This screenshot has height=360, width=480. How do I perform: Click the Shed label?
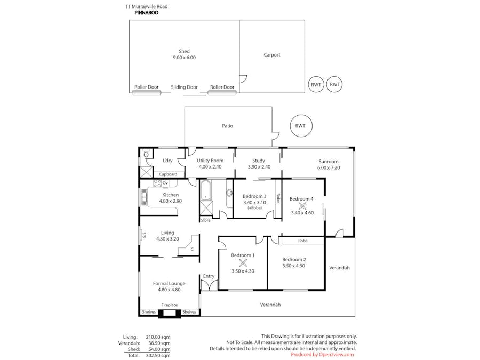pos(184,52)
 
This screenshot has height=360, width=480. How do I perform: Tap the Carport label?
pos(271,55)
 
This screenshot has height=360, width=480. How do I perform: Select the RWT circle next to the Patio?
pos(300,126)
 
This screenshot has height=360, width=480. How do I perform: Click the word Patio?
pos(228,126)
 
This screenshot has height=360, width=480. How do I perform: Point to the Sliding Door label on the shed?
pos(184,87)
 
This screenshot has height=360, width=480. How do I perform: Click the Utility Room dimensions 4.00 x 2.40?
pos(210,167)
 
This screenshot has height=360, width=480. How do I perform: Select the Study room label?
pos(259,161)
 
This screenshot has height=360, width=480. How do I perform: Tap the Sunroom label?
pos(329,161)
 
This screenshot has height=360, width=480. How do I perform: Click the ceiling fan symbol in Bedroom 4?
pos(302,206)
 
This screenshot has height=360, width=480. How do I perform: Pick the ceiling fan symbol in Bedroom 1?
pos(243,263)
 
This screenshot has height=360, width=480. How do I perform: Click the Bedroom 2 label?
pos(294,259)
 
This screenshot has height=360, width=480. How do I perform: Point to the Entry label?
pos(209,276)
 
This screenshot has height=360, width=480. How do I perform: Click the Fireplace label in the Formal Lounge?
pos(170,305)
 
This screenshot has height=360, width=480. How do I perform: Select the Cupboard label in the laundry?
pos(168,174)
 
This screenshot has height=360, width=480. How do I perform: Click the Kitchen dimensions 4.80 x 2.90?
pos(170,201)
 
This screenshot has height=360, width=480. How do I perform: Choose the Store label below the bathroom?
pos(205,220)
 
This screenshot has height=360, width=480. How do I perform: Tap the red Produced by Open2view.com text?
pos(322,354)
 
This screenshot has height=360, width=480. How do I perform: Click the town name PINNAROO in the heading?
pos(146,13)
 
